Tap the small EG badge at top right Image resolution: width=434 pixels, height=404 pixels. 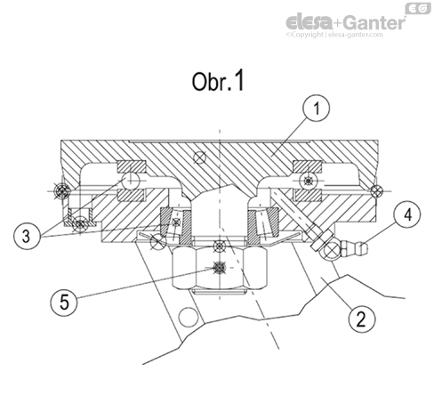tap(415, 8)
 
